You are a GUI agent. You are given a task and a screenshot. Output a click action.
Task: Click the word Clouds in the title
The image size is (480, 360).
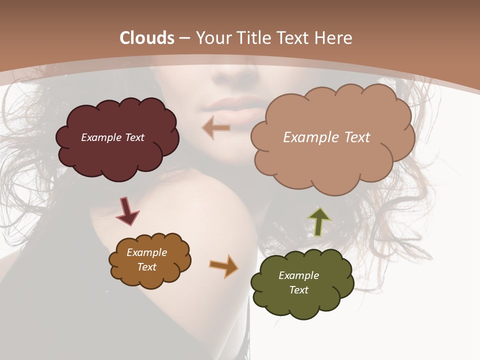pyautogui.click(x=147, y=38)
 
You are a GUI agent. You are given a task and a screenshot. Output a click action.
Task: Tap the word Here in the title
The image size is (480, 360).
pyautogui.click(x=334, y=38)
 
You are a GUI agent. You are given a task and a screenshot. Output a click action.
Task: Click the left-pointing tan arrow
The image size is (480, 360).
pyautogui.click(x=216, y=128)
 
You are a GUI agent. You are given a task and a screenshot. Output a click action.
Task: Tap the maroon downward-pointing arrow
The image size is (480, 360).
pyautogui.click(x=127, y=211)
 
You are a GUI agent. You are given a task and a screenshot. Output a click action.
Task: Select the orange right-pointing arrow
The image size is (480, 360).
pyautogui.click(x=224, y=265)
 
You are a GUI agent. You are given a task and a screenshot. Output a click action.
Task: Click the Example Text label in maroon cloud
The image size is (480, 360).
pyautogui.click(x=112, y=137)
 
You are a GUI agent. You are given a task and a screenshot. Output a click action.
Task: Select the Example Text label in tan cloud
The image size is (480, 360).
pyautogui.click(x=326, y=137)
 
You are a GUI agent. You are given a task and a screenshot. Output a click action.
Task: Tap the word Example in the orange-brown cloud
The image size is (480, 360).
pyautogui.click(x=146, y=252)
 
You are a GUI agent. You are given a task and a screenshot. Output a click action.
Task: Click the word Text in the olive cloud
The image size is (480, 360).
pyautogui.click(x=298, y=290)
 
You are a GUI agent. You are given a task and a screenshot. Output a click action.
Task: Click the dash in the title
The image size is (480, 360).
pyautogui.click(x=184, y=38)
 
